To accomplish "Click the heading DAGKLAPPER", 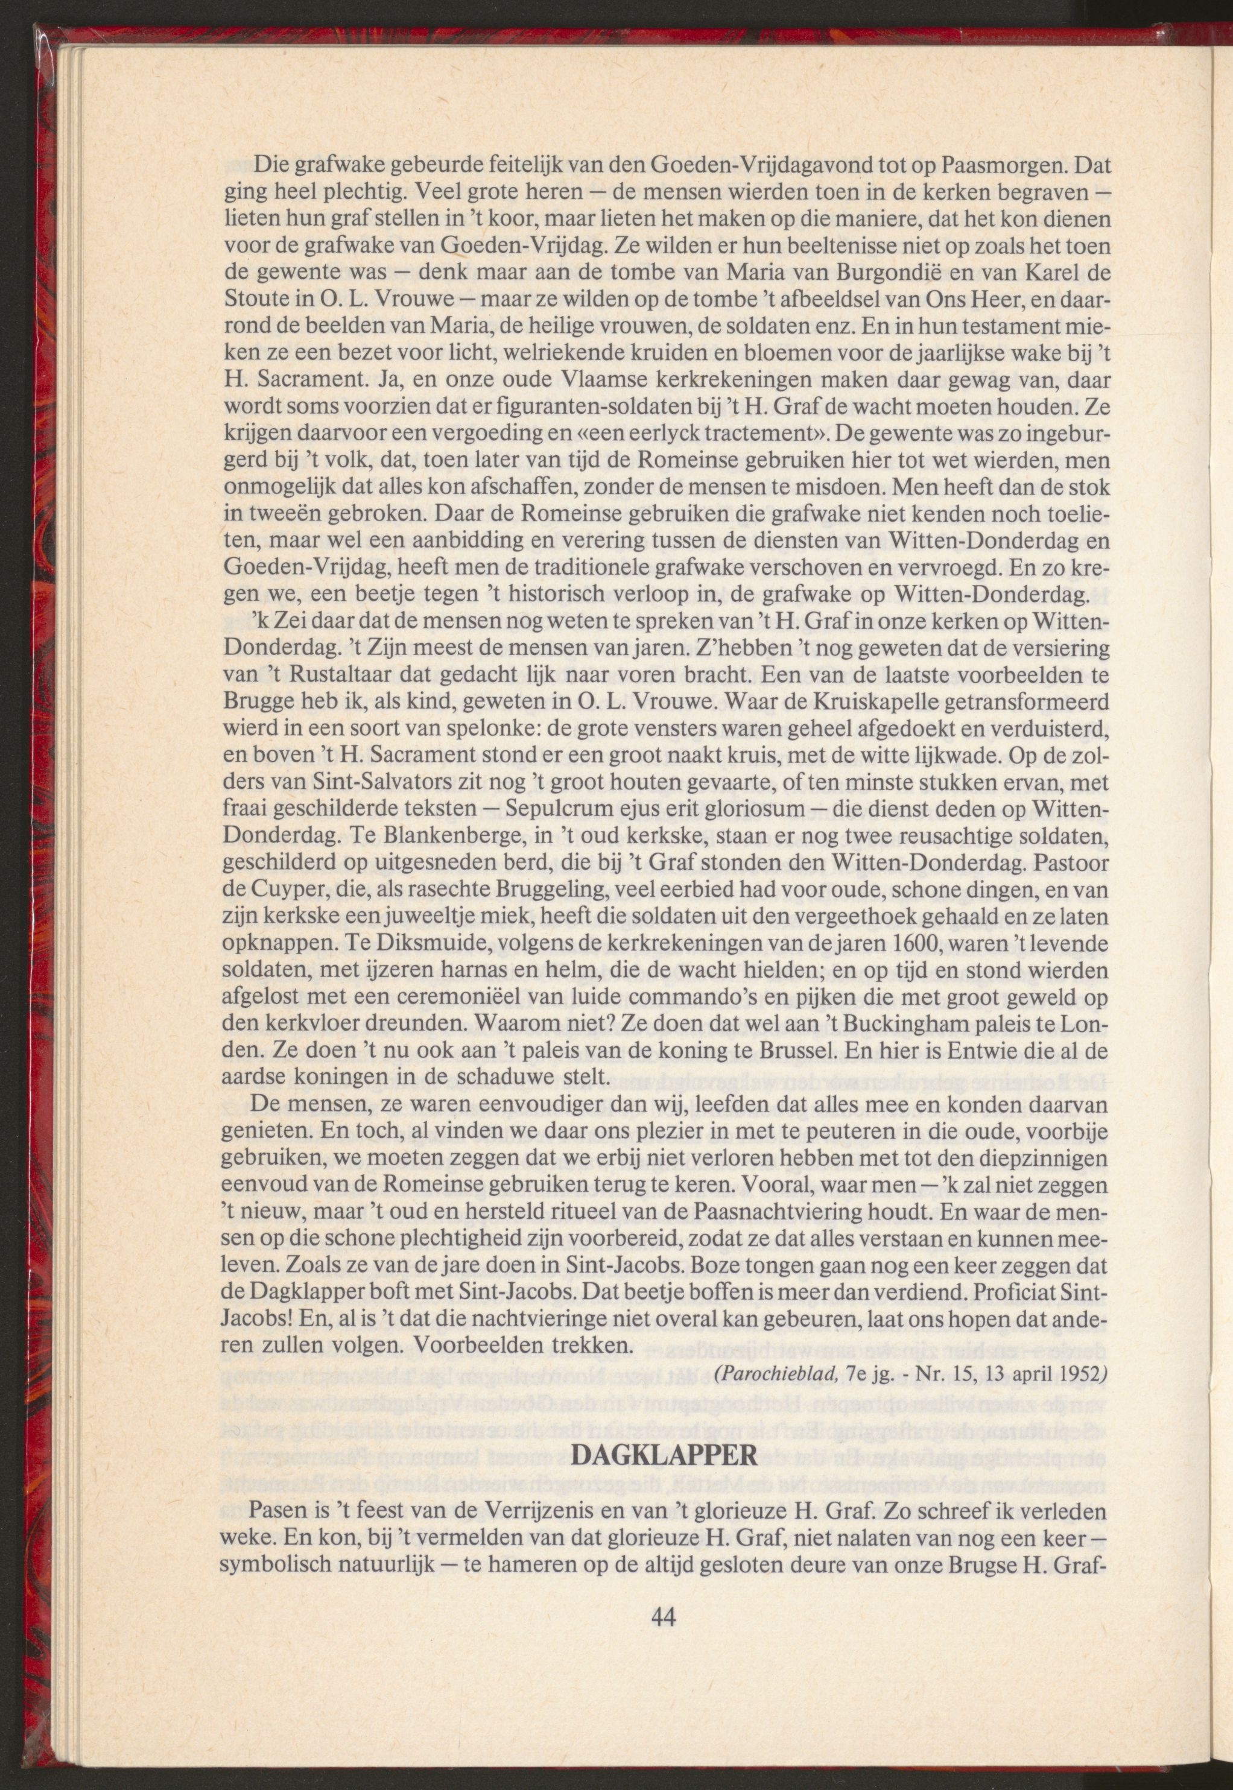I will click(666, 1456).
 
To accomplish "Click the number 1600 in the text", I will click(933, 944).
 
